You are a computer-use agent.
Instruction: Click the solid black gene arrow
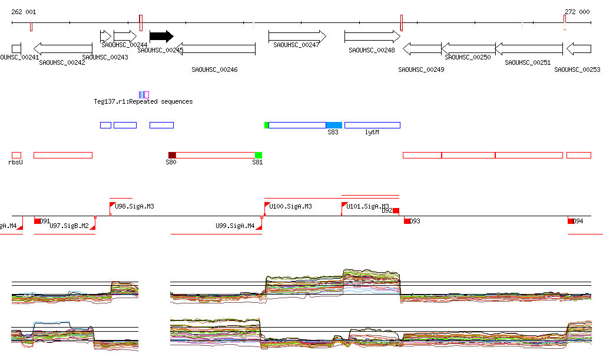coord(161,37)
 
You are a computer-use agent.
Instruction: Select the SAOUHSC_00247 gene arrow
coord(297,37)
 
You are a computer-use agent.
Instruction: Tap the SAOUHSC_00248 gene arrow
coord(372,37)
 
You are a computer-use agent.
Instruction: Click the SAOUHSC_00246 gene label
coord(214,70)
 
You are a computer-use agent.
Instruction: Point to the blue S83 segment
coord(334,125)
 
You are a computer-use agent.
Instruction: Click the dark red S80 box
coord(172,155)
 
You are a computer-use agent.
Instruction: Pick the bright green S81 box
coord(259,155)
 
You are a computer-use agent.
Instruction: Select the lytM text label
coord(372,133)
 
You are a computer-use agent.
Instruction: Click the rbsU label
coord(16,161)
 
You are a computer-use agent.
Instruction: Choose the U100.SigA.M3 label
coord(290,206)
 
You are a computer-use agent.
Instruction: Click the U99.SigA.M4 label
coord(235,226)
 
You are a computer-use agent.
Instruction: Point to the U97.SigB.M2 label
coord(69,226)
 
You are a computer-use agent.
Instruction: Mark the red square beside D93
coord(407,221)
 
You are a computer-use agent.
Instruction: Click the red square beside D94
coord(571,221)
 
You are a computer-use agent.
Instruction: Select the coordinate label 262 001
coord(24,12)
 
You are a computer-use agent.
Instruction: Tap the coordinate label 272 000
coord(577,12)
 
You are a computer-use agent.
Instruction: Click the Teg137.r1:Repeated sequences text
coord(143,101)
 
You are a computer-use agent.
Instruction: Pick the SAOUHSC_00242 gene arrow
coord(63,48)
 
